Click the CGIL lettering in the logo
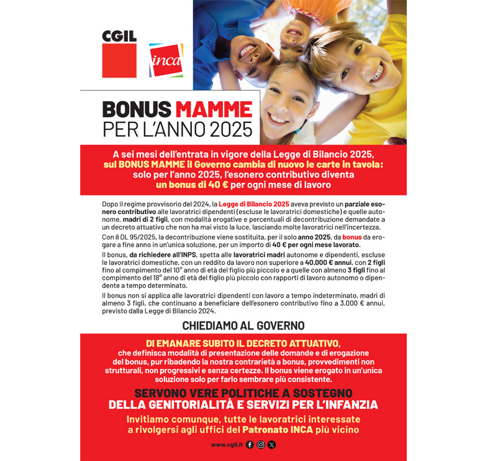119,36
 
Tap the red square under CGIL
119,61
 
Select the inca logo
166,60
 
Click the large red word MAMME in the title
214,109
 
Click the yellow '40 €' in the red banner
214,185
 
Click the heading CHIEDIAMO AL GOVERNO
243,325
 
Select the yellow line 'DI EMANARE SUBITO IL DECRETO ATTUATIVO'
243,343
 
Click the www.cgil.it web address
226,445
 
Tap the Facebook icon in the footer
250,445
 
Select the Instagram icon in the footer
261,445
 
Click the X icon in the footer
272,445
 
